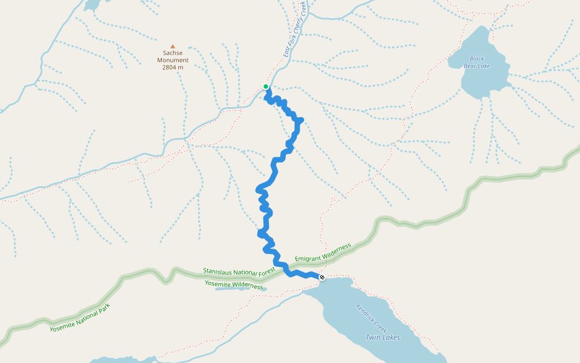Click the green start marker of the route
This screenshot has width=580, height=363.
coord(266,87)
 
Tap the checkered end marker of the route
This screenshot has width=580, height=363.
coord(322,277)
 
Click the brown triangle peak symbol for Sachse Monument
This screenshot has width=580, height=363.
coord(173,46)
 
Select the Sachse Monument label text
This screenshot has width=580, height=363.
coord(173,56)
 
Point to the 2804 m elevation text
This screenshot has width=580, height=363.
coord(173,67)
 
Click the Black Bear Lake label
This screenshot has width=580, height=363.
coord(477,62)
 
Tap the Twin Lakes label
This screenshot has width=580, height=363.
coord(382,337)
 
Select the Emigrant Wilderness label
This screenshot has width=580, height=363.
coord(323,253)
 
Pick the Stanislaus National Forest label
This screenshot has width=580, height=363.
coord(239,272)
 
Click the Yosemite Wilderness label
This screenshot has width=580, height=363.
coord(234,284)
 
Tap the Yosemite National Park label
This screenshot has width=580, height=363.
coord(80,318)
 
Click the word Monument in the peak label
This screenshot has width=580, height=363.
coord(173,60)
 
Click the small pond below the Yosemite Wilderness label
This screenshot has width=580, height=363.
coord(241,289)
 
